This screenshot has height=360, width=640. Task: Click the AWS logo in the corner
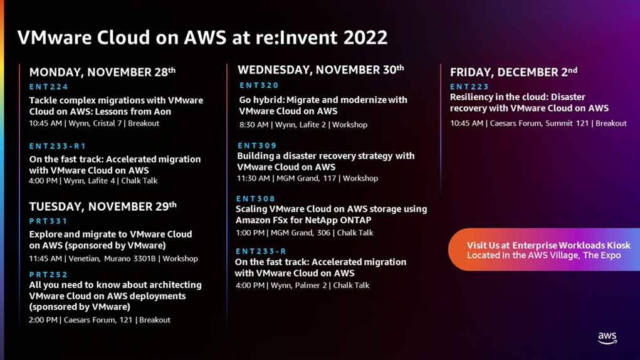tap(607, 338)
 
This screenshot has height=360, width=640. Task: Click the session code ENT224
tap(48, 87)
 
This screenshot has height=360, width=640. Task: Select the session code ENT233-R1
tap(58, 146)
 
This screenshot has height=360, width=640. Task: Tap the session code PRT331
tap(48, 221)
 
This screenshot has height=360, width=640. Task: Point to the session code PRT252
tap(48, 274)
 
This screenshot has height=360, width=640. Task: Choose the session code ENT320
tap(259, 85)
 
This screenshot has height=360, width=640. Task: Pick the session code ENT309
tap(257, 146)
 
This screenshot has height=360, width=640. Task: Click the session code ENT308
tap(256, 198)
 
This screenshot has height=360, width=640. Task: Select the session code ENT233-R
tap(261, 251)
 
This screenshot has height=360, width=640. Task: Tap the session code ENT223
tap(470, 87)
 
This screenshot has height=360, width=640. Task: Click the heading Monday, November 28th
tap(102, 72)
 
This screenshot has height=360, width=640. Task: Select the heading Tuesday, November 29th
tap(103, 206)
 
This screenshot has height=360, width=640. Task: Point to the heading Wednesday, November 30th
tap(320, 70)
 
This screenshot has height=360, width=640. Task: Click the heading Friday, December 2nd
tap(513, 72)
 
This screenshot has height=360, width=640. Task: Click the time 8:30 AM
tap(254, 125)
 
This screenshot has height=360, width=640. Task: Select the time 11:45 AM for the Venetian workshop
tap(45, 258)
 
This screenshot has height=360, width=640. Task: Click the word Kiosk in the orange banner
tap(617, 245)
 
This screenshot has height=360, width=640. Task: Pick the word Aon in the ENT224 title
tap(162, 112)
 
